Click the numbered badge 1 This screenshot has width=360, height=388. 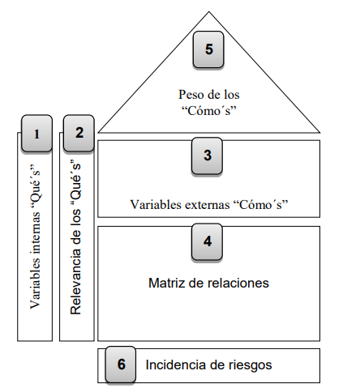pyautogui.click(x=36, y=134)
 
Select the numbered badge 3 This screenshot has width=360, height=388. pyautogui.click(x=208, y=155)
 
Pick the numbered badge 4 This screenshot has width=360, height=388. pyautogui.click(x=208, y=241)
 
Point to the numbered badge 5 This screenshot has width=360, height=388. pyautogui.click(x=208, y=49)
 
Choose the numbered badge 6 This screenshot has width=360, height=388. pyautogui.click(x=121, y=365)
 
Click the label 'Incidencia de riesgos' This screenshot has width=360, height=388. pyautogui.click(x=208, y=365)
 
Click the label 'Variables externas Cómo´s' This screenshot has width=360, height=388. pyautogui.click(x=209, y=204)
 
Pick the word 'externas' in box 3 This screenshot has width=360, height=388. pyautogui.click(x=204, y=204)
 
